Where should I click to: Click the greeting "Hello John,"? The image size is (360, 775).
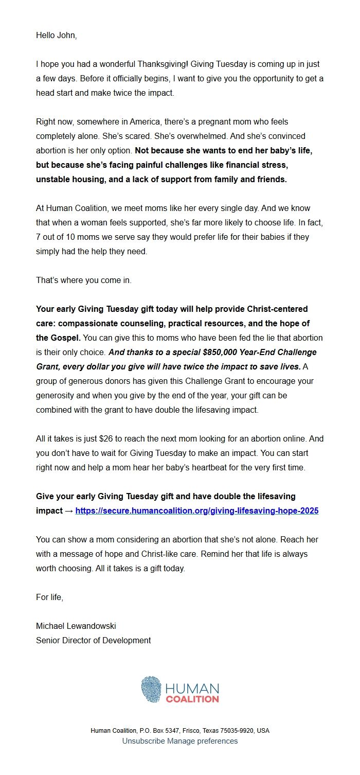[56, 36]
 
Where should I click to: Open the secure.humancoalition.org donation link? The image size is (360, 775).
[197, 511]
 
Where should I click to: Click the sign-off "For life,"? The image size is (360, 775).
[49, 597]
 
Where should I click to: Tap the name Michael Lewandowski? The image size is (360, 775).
[76, 626]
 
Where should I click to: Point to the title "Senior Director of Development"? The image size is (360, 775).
[93, 641]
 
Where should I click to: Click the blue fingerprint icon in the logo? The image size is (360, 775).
[151, 690]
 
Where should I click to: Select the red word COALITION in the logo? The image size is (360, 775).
[192, 699]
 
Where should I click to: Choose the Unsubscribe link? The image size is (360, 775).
[143, 741]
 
